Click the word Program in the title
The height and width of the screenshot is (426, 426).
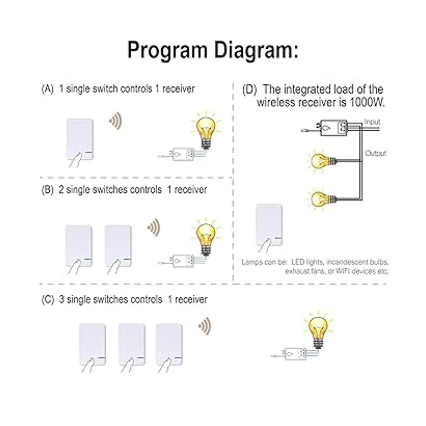click(x=167, y=50)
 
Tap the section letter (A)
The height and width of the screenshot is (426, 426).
click(x=48, y=88)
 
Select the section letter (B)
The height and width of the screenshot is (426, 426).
click(x=48, y=190)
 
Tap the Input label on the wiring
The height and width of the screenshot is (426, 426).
click(x=372, y=122)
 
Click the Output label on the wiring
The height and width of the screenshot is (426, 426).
click(x=376, y=153)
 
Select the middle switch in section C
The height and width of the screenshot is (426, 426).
click(x=132, y=344)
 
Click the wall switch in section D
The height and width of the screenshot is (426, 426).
click(x=269, y=224)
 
